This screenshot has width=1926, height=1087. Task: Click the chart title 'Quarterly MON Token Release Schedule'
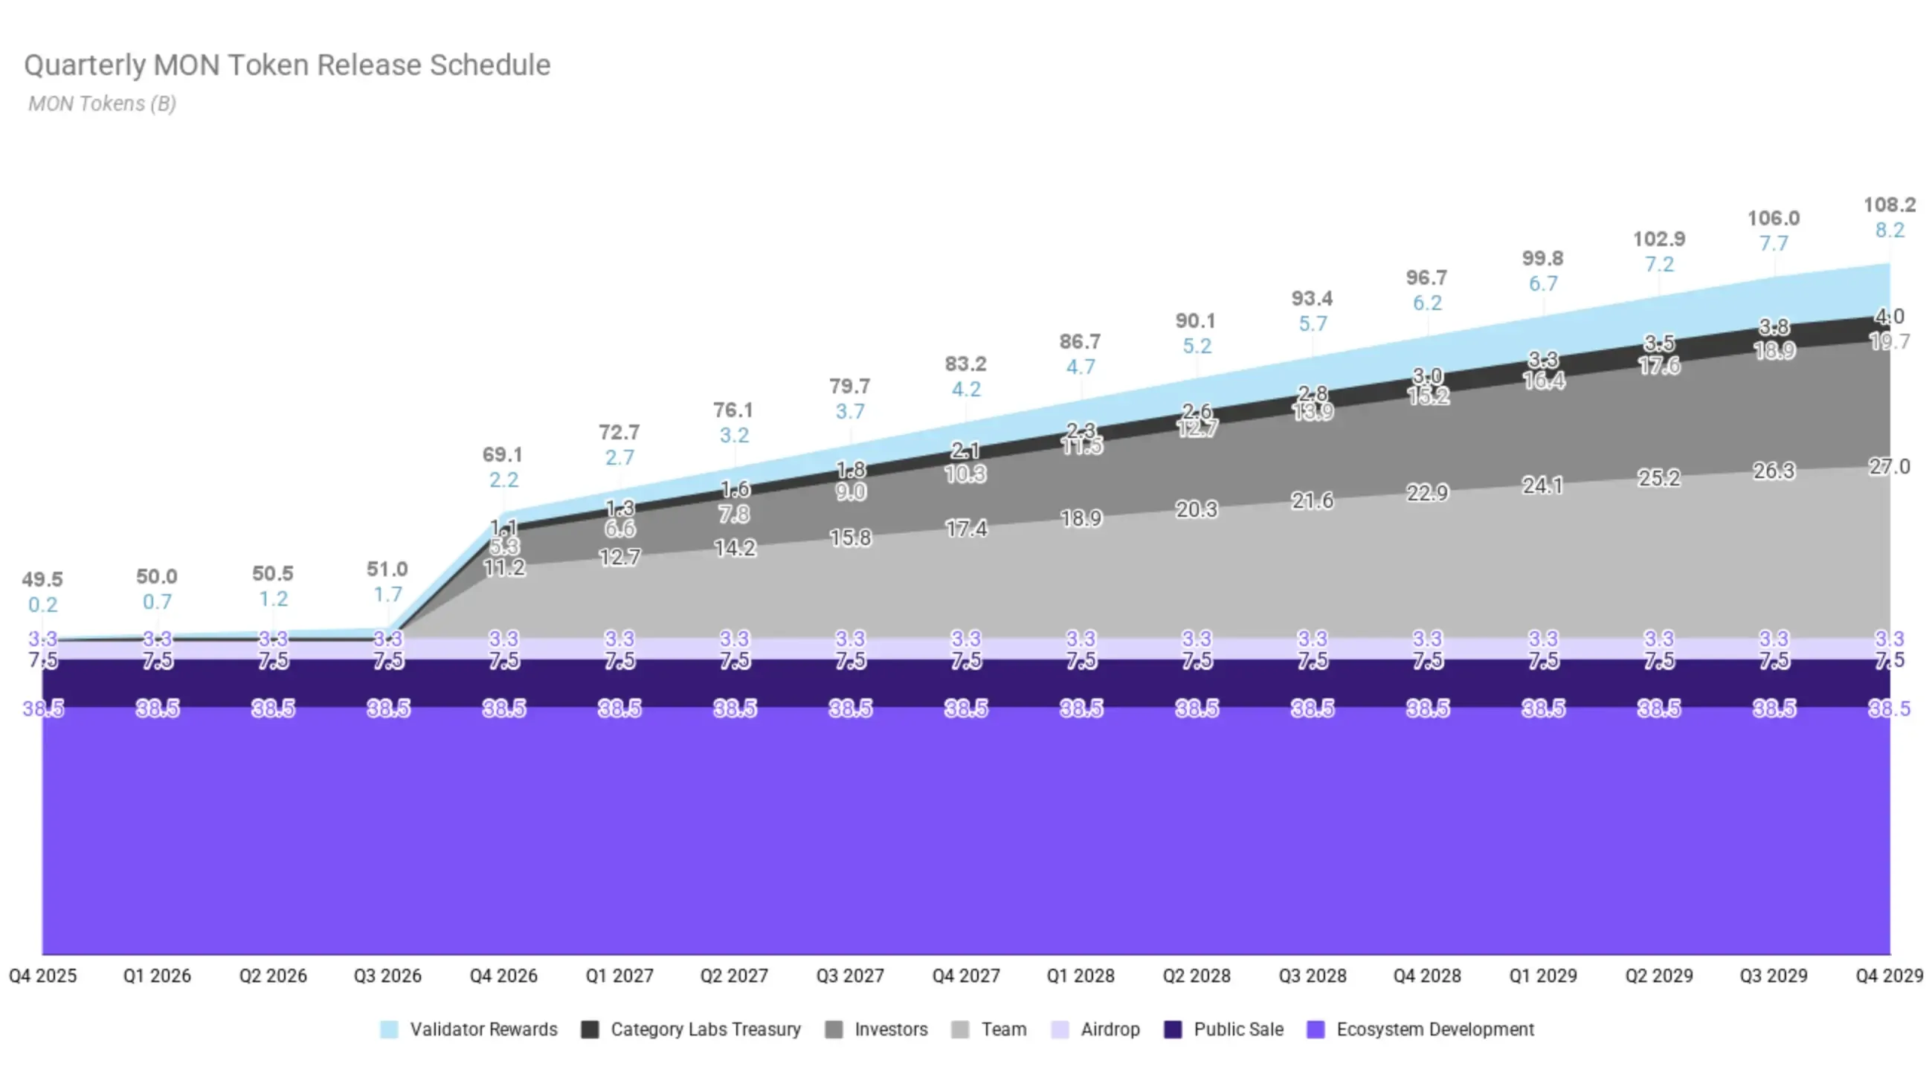(287, 65)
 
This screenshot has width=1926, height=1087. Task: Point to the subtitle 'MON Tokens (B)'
(103, 103)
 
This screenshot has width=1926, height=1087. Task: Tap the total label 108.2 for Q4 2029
(1889, 205)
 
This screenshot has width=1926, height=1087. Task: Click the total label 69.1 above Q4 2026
(503, 454)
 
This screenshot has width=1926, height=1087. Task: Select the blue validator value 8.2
(1889, 230)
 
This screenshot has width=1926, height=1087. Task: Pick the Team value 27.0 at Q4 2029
(1889, 467)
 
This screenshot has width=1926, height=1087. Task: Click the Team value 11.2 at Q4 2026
(504, 568)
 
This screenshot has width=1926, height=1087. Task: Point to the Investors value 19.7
(1889, 343)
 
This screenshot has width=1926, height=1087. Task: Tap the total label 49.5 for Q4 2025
(42, 579)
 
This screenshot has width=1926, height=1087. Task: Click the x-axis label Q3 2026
(387, 975)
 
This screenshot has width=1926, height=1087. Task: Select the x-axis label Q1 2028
(1080, 975)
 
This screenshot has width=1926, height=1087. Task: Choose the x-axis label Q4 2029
(1889, 975)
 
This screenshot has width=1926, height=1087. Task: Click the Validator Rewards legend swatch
(389, 1030)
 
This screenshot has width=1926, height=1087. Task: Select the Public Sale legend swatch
(1173, 1030)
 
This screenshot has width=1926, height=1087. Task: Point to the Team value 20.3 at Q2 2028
(1196, 510)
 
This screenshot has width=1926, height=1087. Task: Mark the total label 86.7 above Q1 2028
(1080, 342)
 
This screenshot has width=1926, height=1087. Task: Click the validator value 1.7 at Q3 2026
(387, 594)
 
